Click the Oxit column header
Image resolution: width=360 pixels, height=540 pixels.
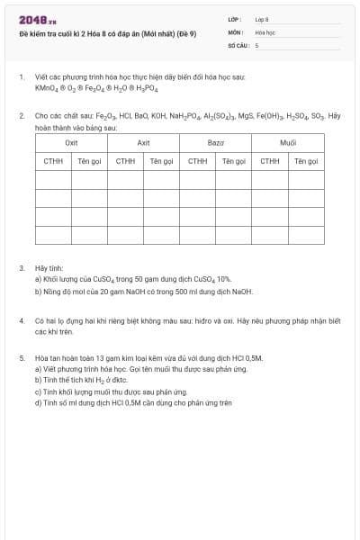pos(71,143)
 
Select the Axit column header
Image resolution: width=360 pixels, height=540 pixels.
pos(143,143)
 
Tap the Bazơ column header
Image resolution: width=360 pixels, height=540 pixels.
pos(215,143)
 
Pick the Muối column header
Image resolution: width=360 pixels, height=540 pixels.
pos(288,143)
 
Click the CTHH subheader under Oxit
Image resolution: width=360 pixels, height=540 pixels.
pos(53,161)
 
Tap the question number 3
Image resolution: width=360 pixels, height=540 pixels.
pos(22,268)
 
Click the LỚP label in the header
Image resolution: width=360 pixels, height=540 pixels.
pos(234,18)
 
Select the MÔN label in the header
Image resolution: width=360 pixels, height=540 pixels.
pos(234,31)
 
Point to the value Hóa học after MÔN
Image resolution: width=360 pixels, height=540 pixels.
pos(265,31)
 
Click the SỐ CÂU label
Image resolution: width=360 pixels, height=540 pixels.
pos(237,44)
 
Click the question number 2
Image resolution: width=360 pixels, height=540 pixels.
pos(22,116)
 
